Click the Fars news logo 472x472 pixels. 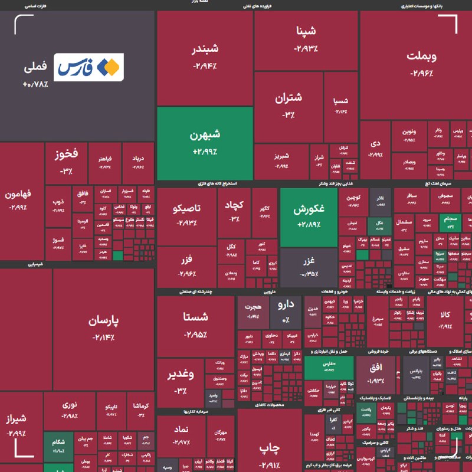click(89, 67)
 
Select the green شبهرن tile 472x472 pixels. click(205, 142)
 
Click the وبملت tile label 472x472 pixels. click(422, 57)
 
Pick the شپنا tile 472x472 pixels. click(307, 38)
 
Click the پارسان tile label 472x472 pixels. click(104, 321)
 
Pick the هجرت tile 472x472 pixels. click(253, 312)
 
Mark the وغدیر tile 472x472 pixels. click(181, 381)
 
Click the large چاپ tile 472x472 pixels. click(269, 448)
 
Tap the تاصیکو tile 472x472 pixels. click(186, 215)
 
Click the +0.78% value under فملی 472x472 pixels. click(35, 84)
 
